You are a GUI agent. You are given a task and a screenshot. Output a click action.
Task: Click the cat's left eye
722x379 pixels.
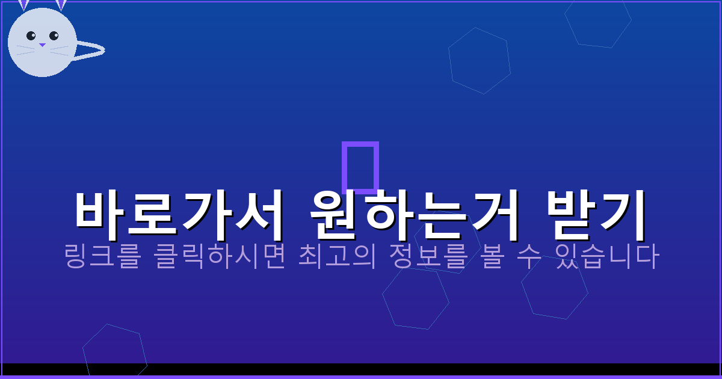[31, 35]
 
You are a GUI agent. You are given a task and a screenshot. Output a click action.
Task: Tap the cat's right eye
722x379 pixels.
[54, 35]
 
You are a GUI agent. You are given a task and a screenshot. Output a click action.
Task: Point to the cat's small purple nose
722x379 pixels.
[42, 45]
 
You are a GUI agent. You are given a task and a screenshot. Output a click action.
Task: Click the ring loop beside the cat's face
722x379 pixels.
[90, 51]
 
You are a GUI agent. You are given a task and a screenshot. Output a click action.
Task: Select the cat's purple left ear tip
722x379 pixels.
[23, 4]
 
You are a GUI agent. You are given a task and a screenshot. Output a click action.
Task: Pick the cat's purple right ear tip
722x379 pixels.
[61, 4]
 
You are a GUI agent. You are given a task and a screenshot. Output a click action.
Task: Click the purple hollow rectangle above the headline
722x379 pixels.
[360, 167]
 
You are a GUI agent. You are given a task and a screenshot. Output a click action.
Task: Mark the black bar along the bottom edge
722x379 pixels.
[361, 369]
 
